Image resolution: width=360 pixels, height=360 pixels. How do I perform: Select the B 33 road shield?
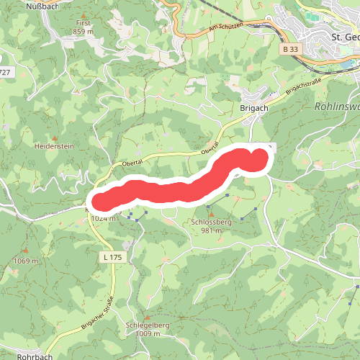tap(289, 48)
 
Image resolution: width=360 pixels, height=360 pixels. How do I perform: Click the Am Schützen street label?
tap(226, 27)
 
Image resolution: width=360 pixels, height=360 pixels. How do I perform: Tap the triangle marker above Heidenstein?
tap(55, 135)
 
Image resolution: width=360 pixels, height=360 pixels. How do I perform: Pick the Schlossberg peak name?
tap(211, 222)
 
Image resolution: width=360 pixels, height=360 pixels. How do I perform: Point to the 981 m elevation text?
tap(211, 231)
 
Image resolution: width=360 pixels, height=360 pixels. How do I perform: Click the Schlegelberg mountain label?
tap(147, 325)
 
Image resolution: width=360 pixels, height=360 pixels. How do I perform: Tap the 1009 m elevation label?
tap(147, 334)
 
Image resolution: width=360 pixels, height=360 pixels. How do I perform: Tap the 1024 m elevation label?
tap(103, 219)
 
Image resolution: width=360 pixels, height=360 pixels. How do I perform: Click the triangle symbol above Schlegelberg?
tap(147, 317)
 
